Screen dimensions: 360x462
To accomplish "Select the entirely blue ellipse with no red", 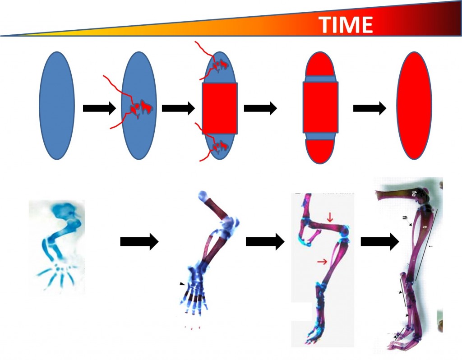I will point(57,106).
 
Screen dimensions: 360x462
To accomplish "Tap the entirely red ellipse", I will point(414,106).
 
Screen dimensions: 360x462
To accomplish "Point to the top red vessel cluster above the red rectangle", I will point(221,66).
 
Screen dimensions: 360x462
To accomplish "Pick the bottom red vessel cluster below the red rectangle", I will point(221,146).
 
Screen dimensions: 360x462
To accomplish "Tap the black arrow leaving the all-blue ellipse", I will point(99,108).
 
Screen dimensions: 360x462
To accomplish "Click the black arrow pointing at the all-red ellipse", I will point(369,108).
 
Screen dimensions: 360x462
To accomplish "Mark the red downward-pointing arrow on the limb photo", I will point(330,217).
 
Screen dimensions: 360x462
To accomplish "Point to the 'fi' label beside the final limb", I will point(405,218).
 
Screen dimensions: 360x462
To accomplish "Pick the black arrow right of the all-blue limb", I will point(139,242).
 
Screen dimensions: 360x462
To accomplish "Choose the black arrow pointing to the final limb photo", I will point(379,242).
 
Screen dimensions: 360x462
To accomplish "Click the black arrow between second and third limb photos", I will point(264,242).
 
